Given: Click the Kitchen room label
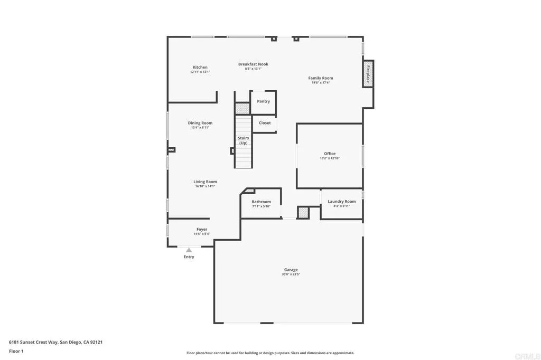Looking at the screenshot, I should coord(200,67).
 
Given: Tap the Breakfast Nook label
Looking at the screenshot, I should coord(253,64).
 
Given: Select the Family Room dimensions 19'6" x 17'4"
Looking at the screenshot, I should coord(321,82).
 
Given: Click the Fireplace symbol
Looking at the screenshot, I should coord(368,73).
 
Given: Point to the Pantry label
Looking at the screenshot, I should coord(263,101).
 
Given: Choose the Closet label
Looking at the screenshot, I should coord(265,123).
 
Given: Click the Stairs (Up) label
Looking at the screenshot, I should coord(243,140).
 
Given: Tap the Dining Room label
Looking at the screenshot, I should coord(200,123).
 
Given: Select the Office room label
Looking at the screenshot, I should coord(330,154).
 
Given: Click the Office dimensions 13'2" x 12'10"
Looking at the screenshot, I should coord(330,158).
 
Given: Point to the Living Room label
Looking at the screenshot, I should coord(205,182).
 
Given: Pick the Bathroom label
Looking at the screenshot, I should coord(261,202).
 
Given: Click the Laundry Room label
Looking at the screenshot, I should coord(342,201).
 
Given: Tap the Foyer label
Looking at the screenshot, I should coord(202,229).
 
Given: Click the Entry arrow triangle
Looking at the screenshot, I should coord(189,250).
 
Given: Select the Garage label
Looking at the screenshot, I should coord(291,270).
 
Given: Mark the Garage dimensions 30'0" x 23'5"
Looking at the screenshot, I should coord(291,274).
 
